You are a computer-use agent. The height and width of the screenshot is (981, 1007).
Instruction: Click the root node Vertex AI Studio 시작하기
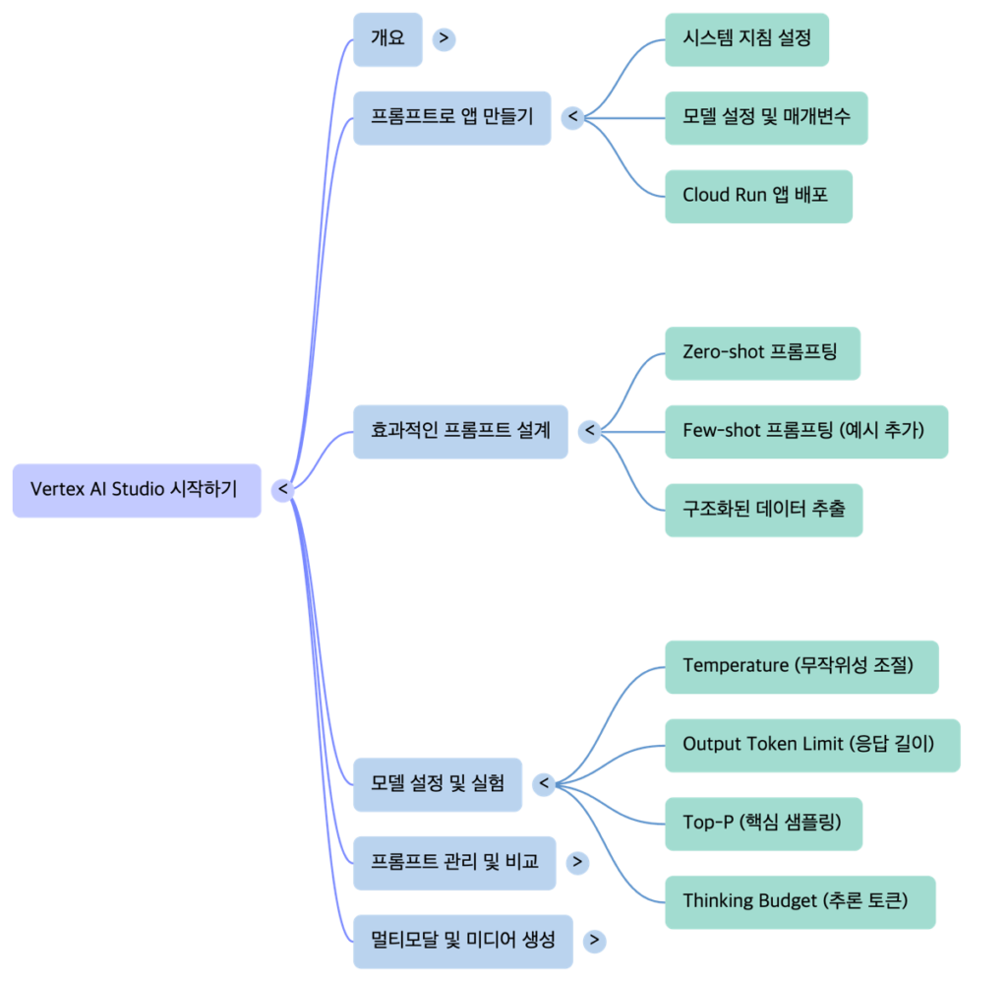pos(137,489)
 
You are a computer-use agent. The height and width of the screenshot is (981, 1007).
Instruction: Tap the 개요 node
pos(387,39)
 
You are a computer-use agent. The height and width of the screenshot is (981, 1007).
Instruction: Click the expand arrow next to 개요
pos(444,39)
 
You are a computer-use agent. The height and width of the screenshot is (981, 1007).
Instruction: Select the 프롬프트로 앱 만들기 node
pos(451,117)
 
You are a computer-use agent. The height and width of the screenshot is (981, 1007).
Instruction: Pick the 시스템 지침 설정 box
pos(746,39)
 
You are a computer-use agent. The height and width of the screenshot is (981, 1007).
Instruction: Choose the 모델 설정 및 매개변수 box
pos(766,117)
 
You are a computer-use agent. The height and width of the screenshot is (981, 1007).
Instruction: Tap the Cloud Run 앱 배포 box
pos(757,196)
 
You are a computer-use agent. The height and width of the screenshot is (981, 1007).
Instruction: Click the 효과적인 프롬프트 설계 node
pos(460,431)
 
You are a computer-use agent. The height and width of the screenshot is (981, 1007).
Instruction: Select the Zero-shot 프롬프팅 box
pos(761,352)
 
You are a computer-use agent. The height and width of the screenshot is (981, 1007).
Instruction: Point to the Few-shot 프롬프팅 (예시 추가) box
pos(805,431)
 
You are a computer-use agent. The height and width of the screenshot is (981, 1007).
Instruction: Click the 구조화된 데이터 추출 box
pos(763,510)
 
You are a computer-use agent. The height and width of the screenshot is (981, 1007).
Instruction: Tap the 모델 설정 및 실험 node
pos(438,784)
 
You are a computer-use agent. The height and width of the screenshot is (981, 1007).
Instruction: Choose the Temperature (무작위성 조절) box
pos(800,666)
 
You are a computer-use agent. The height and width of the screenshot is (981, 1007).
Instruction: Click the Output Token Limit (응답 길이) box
pos(811,745)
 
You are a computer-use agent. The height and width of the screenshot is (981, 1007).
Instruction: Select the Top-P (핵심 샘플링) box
pos(763,823)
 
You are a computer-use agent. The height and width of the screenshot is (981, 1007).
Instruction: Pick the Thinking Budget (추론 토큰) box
pos(800,901)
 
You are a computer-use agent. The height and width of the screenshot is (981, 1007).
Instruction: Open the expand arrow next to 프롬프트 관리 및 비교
pos(578,863)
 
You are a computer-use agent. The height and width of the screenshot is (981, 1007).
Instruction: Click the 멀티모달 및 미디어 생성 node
pos(462,941)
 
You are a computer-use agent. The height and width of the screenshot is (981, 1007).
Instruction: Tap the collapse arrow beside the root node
pos(283,489)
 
